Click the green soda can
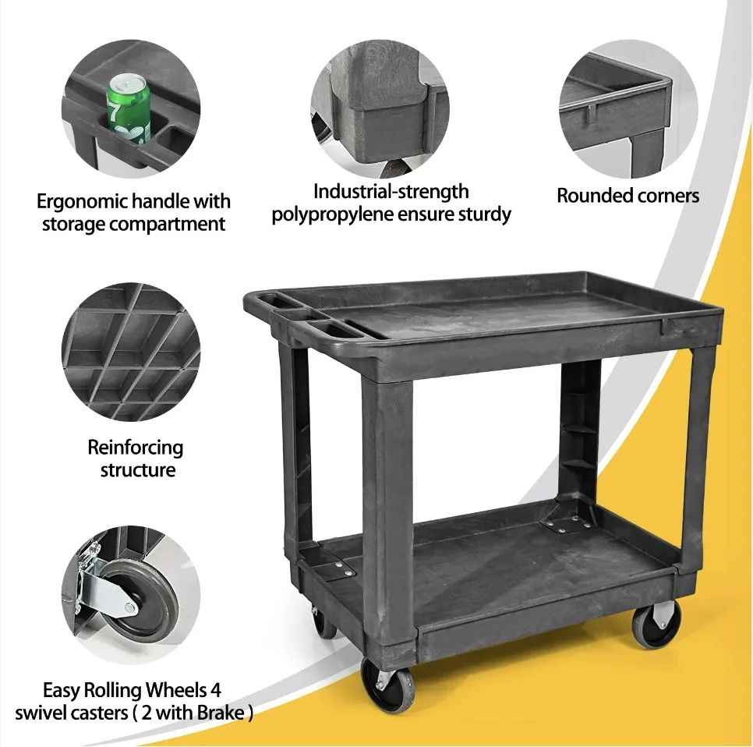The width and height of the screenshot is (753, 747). click(129, 109)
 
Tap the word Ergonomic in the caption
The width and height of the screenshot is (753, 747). click(80, 202)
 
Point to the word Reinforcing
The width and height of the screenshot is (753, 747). click(136, 448)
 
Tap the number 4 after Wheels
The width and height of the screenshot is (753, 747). click(225, 690)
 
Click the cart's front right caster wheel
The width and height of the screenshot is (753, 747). click(656, 624)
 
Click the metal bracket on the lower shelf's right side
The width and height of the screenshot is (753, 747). click(567, 521)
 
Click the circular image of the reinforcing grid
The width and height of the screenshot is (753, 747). click(130, 352)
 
